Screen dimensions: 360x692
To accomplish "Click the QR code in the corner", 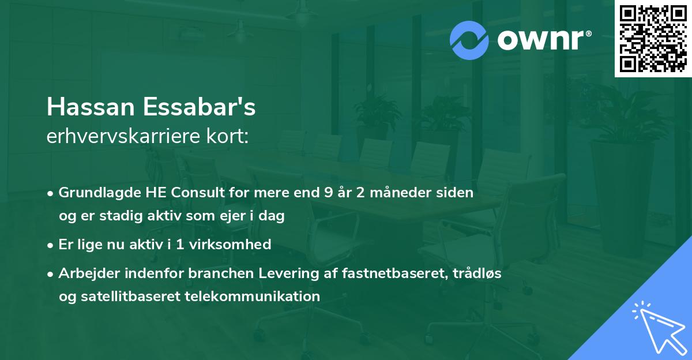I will pyautogui.click(x=653, y=39).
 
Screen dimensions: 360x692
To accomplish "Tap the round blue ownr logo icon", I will pyautogui.click(x=469, y=40).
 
